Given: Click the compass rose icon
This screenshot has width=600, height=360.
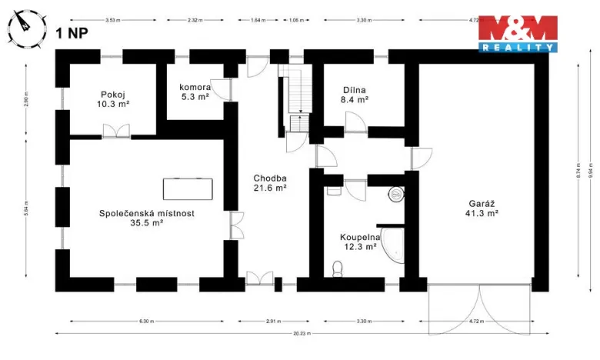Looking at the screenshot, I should coord(23,25).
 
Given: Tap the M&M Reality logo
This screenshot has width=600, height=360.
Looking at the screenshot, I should coord(518,34).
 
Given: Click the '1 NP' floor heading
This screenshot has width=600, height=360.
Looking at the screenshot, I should coord(70,33).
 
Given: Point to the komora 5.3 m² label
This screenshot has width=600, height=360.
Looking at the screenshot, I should coord(195,92).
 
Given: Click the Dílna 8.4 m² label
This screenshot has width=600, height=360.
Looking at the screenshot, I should coord(355,94).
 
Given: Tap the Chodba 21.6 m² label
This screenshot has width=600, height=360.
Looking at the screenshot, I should coord(270,182).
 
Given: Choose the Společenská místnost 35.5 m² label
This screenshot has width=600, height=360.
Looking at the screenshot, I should coord(141,218).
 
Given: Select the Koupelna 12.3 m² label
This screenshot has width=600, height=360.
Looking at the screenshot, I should coord(358,242).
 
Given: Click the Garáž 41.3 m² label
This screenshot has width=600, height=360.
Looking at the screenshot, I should coord(482,208).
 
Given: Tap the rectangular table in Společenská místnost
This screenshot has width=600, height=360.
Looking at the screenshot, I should coord(188,188).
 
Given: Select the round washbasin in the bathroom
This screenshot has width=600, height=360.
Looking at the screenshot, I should coord(397,195).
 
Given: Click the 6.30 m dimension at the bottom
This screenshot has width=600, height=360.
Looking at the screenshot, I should coord(146,320).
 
